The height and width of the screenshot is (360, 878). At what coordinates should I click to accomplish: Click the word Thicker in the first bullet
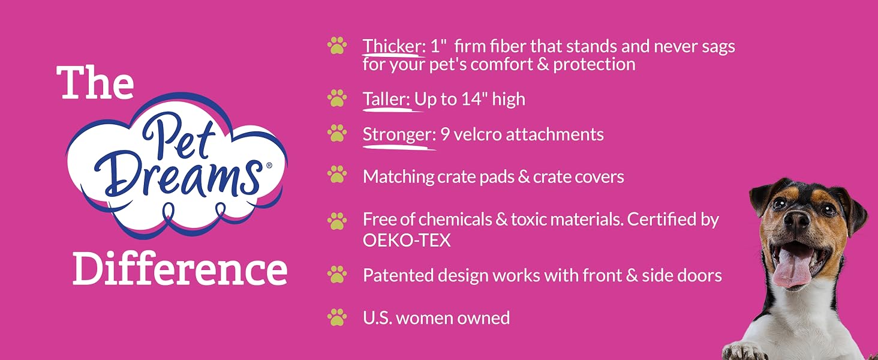tap(391, 46)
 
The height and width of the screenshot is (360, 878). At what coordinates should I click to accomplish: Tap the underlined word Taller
tap(386, 99)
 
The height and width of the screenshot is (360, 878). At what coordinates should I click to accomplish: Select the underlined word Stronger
tap(396, 135)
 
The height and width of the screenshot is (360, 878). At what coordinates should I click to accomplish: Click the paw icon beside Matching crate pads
tap(337, 175)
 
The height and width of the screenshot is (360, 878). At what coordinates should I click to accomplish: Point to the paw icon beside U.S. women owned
tap(337, 317)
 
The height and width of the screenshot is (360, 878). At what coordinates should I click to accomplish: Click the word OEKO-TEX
tap(407, 241)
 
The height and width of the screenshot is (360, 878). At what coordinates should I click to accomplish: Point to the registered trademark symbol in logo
tap(269, 166)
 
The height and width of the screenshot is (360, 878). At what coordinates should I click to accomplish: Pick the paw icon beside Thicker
tap(337, 46)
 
